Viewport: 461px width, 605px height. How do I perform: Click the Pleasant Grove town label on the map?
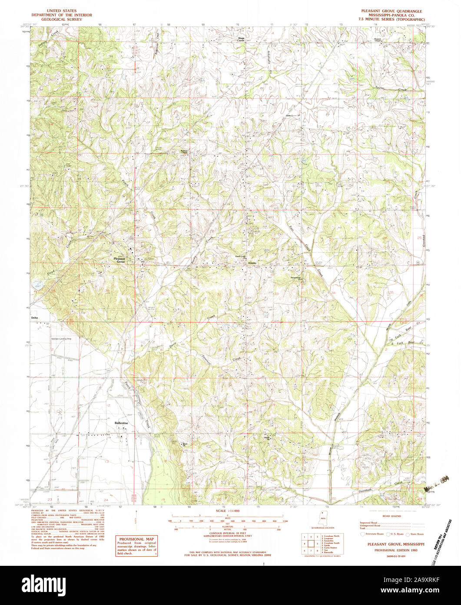pos(119,260)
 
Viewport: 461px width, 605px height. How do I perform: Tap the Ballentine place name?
pos(121,423)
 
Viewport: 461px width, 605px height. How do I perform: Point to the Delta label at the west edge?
pos(35,318)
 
